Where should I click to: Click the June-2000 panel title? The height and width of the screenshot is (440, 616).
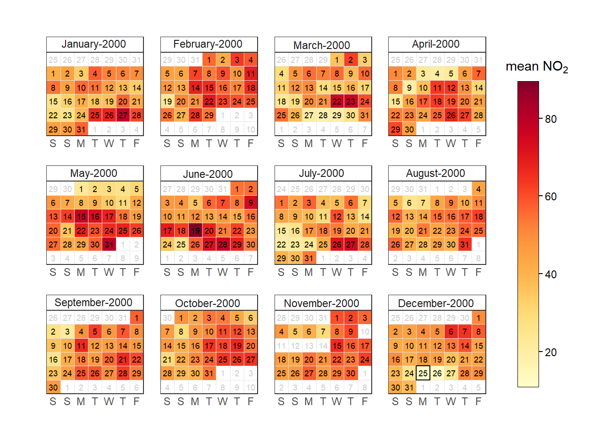(208, 174)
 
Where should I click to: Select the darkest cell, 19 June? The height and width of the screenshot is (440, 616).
(195, 231)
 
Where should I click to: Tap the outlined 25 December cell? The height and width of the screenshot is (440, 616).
(423, 374)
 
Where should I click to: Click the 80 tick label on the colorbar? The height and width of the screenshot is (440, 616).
(550, 119)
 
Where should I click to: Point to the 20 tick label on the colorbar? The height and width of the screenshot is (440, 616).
(550, 352)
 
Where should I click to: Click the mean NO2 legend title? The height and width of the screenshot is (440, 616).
(537, 67)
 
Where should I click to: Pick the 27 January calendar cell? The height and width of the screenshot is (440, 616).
(123, 115)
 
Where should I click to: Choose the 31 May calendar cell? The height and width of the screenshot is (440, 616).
(109, 245)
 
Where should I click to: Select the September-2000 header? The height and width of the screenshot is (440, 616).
(93, 302)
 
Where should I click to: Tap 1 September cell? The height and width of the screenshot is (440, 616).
(137, 318)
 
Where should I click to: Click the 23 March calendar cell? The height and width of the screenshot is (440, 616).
(351, 102)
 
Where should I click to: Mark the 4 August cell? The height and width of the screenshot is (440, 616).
(478, 189)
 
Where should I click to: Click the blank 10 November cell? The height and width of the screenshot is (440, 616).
(365, 331)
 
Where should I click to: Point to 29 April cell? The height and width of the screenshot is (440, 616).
(396, 129)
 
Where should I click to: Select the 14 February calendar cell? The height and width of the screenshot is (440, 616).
(195, 88)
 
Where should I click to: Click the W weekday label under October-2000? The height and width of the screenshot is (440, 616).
(223, 401)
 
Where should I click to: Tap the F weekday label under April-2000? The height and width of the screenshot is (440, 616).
(478, 143)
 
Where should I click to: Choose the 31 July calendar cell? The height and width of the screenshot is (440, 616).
(309, 258)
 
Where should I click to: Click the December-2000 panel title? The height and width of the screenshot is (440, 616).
(436, 303)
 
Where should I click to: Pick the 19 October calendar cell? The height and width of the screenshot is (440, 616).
(237, 346)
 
